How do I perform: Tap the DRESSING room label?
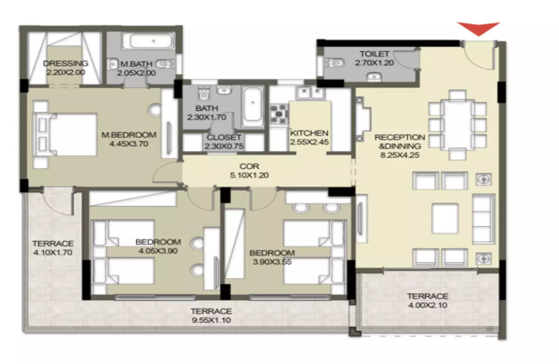click(66, 63)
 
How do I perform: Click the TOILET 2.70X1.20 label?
click(374, 58)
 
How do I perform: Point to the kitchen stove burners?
click(279, 114)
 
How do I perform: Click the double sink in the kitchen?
click(310, 92)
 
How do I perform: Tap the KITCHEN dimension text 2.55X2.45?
click(309, 142)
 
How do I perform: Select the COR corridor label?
click(249, 166)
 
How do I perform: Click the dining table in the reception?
click(457, 124)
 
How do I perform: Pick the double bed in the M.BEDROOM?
click(66, 134)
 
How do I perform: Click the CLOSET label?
click(224, 137)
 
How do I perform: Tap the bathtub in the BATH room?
click(253, 107)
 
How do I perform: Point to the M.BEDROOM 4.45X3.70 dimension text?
click(129, 144)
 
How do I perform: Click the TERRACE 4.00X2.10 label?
click(428, 301)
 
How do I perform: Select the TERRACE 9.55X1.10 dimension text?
click(211, 320)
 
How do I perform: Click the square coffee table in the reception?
click(445, 218)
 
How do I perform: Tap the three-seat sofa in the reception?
click(484, 219)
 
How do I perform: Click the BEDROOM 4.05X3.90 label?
click(158, 246)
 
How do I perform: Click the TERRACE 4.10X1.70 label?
click(53, 248)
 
